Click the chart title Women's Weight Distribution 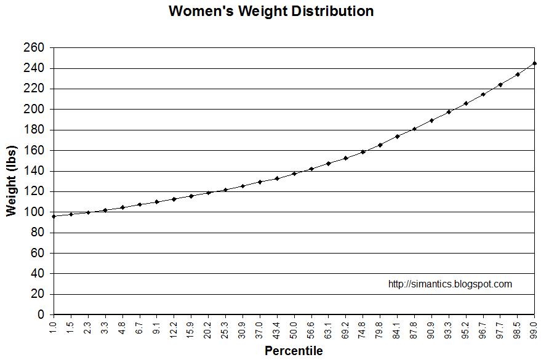(x=271, y=11)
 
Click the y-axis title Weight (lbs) (x=11, y=182)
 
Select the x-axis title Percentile (x=294, y=351)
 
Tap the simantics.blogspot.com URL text (x=450, y=284)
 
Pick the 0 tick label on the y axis (x=41, y=314)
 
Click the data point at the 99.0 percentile (x=534, y=63)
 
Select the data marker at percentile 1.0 (x=54, y=216)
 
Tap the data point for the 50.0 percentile (x=294, y=174)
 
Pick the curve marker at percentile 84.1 (x=397, y=136)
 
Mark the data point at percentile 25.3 (x=225, y=190)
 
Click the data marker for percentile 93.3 (x=449, y=112)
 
